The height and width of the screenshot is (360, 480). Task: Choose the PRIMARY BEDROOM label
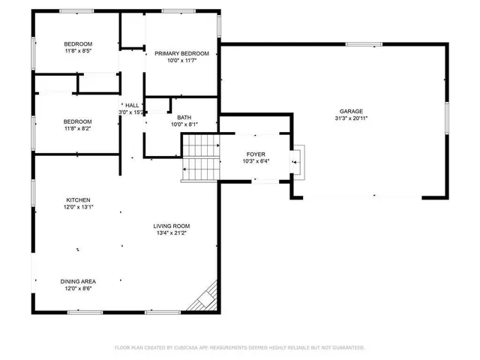coord(181,54)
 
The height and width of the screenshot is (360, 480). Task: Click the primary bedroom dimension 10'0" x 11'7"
coord(181,61)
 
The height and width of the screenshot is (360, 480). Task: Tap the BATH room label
coord(184,117)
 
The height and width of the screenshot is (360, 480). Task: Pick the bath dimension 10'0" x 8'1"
coord(184,124)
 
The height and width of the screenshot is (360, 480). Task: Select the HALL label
coord(132,105)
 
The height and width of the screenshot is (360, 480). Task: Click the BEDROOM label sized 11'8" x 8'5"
coord(77,44)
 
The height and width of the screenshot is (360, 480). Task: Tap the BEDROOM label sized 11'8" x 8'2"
coord(77,121)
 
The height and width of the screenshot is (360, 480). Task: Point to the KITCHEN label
coord(78,200)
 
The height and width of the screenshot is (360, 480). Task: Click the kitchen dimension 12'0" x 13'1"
coord(78,207)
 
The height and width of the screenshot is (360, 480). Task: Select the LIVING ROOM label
coord(172,226)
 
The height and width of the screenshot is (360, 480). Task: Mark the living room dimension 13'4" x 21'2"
coord(172,233)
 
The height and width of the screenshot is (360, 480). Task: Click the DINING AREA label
coord(78,281)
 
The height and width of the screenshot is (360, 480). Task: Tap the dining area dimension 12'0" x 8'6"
coord(78,289)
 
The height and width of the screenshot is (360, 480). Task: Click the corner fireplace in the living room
coord(205,299)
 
